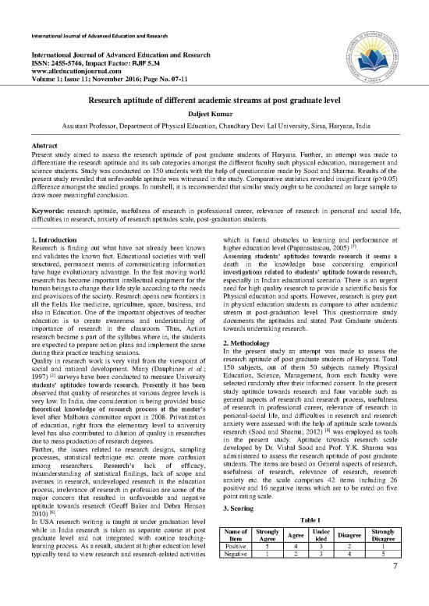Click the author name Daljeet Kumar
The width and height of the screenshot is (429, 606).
click(214, 113)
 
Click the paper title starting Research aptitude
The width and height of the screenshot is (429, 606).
click(214, 100)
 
